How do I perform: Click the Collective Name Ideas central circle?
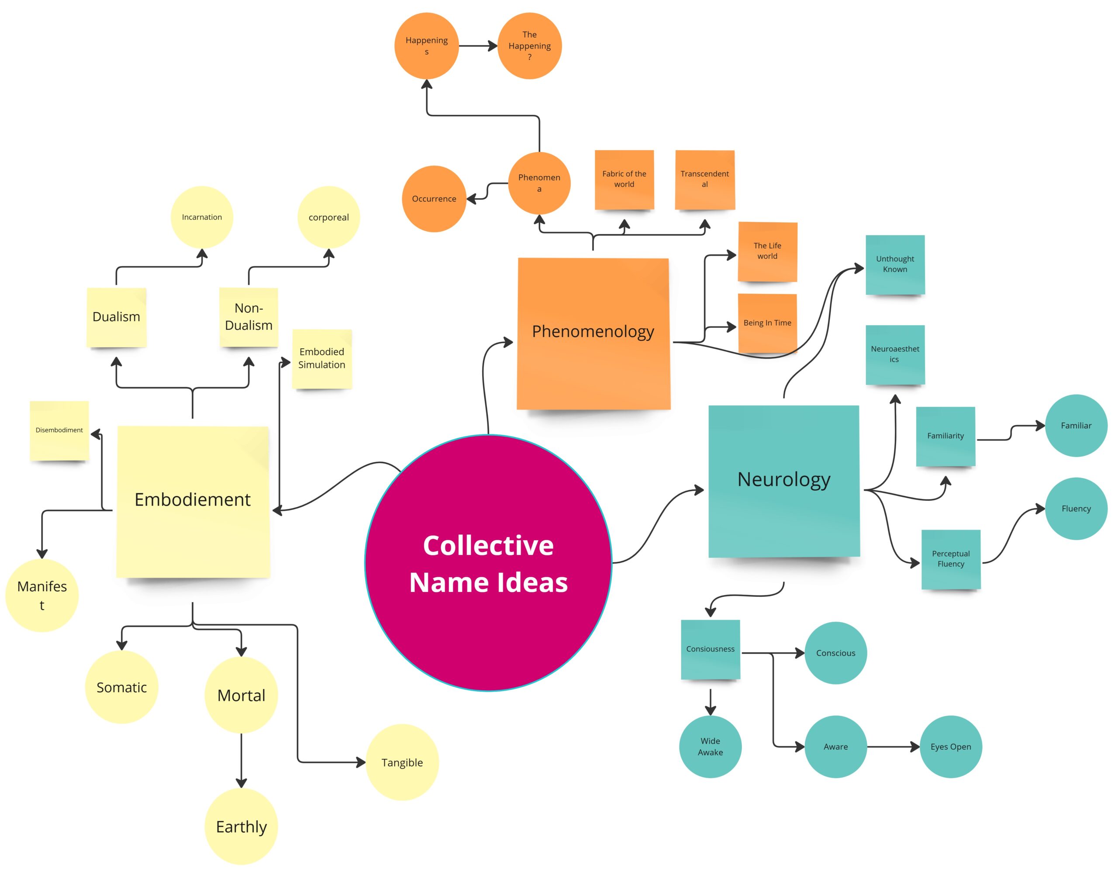(x=488, y=563)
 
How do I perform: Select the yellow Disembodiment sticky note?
(x=59, y=430)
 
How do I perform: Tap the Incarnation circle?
(x=202, y=217)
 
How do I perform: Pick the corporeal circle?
(x=328, y=217)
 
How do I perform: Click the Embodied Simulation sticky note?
(x=322, y=358)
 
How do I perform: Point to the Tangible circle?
(x=402, y=762)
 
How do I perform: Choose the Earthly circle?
(x=241, y=826)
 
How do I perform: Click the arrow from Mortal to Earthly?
(x=241, y=760)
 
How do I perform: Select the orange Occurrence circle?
(x=434, y=199)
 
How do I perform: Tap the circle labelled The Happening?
(x=529, y=46)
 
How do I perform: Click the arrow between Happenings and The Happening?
(x=477, y=46)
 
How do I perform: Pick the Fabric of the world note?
(x=624, y=179)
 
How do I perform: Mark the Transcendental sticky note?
(x=704, y=179)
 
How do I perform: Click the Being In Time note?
(x=767, y=323)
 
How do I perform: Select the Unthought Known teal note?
(x=895, y=264)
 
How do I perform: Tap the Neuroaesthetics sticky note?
(x=895, y=354)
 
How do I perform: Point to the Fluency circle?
(x=1076, y=509)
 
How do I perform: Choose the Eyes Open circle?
(x=951, y=747)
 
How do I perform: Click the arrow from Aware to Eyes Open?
(x=893, y=747)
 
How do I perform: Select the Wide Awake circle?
(x=710, y=747)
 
